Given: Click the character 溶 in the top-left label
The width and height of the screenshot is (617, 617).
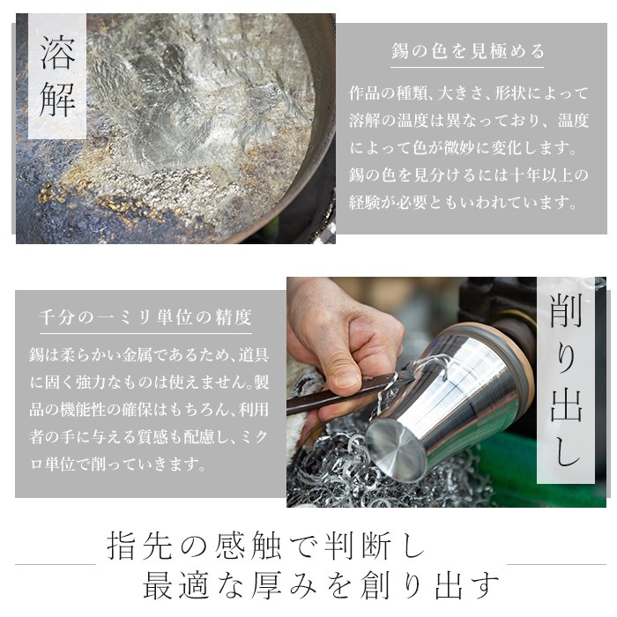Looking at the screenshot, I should [57, 55].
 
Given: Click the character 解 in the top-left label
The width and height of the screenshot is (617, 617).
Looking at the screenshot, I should [57, 100].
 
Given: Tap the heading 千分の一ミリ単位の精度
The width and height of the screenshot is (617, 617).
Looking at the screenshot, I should [145, 316].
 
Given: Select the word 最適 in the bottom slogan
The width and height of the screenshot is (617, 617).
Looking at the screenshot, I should [175, 585].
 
